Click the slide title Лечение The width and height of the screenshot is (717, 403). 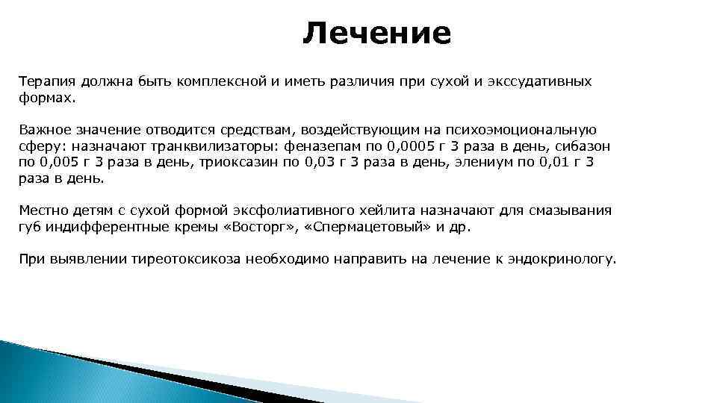pyautogui.click(x=377, y=33)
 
